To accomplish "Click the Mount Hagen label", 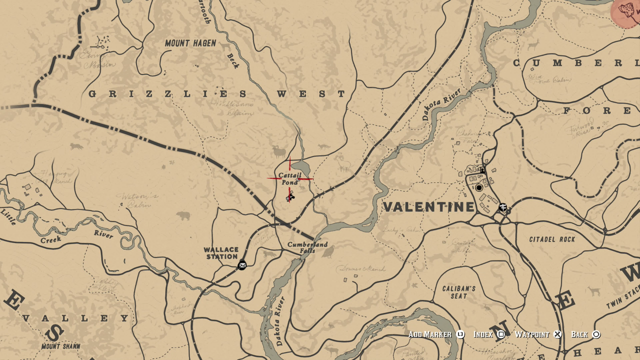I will point(190,43).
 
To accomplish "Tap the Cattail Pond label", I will point(290,178).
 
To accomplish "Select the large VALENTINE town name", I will point(428,207).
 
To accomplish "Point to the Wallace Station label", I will point(221,253).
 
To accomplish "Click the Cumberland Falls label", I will point(307,247).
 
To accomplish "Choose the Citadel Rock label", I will point(552,239).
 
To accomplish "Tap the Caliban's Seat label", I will point(458,292).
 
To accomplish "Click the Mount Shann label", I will point(61,346).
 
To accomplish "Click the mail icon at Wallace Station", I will point(242,265).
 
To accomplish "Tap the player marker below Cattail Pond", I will point(290,197).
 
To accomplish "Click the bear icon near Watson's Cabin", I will point(183,216).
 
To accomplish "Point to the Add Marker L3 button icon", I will point(460,334).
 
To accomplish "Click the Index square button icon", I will point(500,334).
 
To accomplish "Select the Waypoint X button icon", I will point(557,334).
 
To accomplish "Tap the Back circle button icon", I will point(596,334).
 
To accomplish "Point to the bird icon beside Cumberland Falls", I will point(328,252).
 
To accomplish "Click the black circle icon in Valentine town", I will point(479,188).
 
